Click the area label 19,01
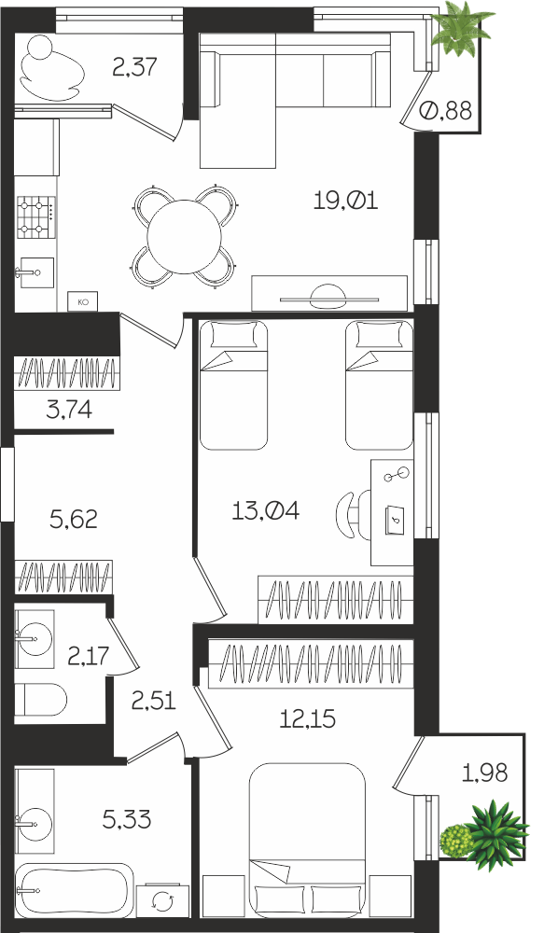346,202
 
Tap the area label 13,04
265,510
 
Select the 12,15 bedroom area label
308,719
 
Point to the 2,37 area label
135,66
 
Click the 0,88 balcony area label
446,110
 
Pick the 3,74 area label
69,410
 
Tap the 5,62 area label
74,520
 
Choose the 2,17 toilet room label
89,656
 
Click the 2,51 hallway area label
154,701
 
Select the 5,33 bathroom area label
127,820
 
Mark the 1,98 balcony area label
485,773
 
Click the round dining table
185,237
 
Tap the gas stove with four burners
36,216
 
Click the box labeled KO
83,302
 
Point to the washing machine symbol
161,902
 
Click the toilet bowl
40,699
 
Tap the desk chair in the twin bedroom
353,515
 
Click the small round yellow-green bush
456,841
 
